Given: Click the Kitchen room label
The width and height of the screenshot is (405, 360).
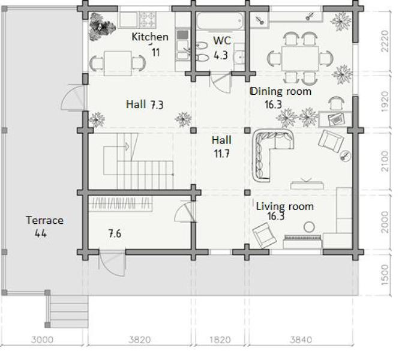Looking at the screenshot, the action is tap(150, 37).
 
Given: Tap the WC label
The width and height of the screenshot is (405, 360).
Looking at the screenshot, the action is tap(222, 41).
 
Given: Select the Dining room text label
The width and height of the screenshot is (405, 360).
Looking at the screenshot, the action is tap(281, 91).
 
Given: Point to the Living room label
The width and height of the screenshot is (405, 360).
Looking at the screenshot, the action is tap(285, 206).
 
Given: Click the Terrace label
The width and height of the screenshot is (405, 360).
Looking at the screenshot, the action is tap(44, 220).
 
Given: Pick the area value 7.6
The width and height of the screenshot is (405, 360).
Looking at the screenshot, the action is tap(115, 234).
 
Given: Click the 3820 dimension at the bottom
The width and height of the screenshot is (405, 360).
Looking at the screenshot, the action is tap(140, 340).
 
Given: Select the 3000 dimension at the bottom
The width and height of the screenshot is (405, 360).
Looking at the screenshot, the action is tap(42, 340).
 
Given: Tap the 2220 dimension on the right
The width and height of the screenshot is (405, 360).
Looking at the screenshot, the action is tap(385, 41).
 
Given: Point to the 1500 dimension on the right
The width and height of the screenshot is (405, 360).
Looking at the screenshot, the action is tap(385, 275).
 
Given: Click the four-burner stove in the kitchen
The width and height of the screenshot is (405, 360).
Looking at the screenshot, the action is tap(148, 19).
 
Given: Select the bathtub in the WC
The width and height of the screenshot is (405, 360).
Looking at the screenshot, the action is tap(220, 20).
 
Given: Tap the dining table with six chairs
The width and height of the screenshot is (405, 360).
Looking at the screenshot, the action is tap(300, 59).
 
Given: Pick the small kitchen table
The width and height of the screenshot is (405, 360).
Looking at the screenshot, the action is tap(118, 63).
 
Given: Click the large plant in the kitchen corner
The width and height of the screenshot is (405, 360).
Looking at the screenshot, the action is tap(102, 26).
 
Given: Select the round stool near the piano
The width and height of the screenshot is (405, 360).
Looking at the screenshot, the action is tap(309, 227).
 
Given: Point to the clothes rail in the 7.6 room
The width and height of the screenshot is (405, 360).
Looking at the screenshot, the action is tap(120, 203).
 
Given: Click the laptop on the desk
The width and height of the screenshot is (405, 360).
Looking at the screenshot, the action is tap(336, 119).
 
